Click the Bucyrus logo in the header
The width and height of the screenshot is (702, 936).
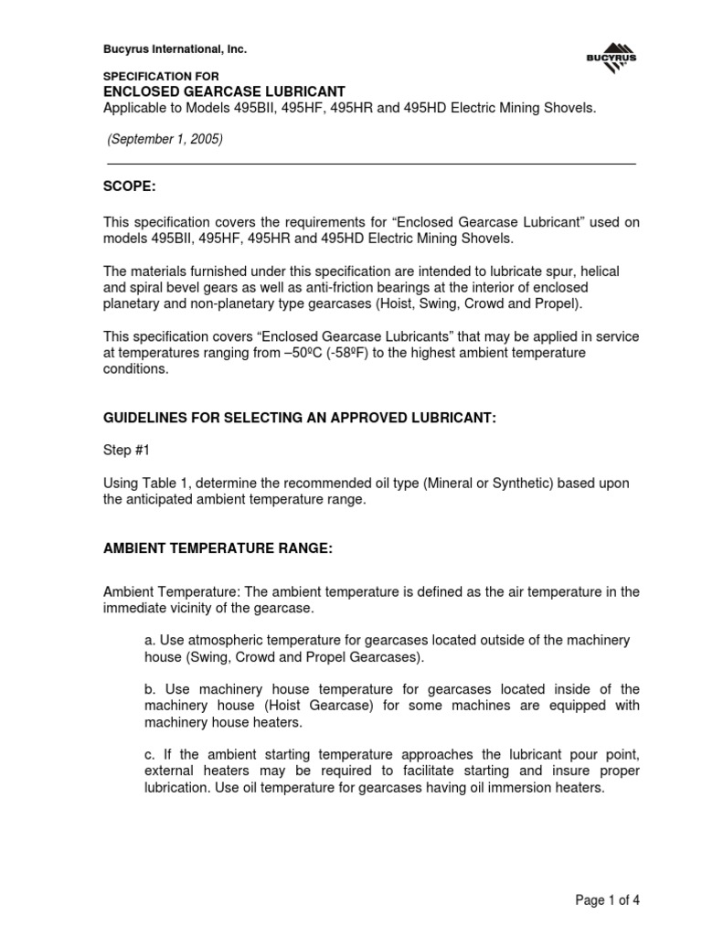click(612, 58)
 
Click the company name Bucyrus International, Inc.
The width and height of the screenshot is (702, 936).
click(175, 48)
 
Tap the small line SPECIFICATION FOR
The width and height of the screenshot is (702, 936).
click(160, 76)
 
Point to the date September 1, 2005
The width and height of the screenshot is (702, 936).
click(165, 140)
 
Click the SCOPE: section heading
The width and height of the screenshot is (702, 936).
click(129, 186)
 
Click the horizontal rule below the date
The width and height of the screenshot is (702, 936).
click(371, 164)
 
